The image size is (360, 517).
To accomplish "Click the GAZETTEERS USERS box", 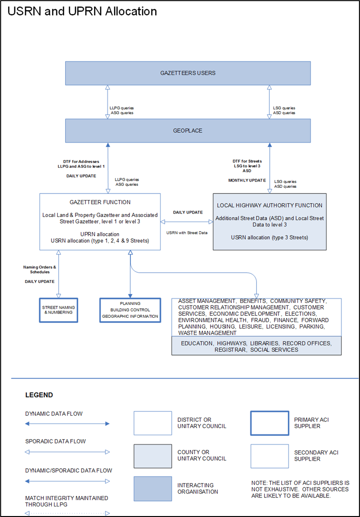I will pos(188,73).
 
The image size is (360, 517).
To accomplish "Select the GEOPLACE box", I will pos(188,130).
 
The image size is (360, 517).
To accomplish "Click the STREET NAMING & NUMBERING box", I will pos(58,310).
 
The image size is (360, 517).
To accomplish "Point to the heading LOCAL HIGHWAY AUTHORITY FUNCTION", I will pos(270,205).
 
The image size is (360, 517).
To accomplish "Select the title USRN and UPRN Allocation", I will pos(82,11).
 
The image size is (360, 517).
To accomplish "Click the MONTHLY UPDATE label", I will pos(247,180).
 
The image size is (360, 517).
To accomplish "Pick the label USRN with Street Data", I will pos(186,233).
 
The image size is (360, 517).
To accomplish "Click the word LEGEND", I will pos(39,395).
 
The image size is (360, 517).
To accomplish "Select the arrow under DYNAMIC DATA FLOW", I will pos(67,423).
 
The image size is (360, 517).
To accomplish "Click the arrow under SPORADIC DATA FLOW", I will pos(67,452).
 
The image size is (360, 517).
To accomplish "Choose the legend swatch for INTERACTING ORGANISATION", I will pos(152,488).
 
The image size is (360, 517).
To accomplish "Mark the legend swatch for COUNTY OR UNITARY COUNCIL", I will pos(152,456).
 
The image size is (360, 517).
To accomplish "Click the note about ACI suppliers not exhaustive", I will pos(300,489).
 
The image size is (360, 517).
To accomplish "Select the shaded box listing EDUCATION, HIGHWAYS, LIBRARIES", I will pos(256,346).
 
